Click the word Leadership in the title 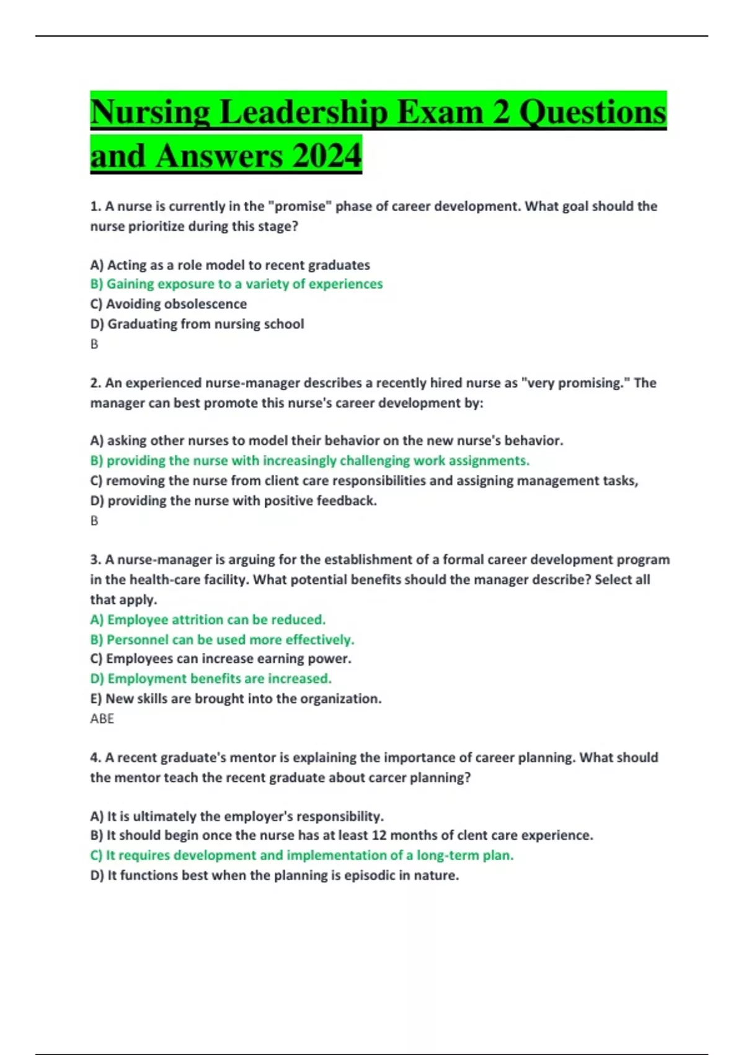click(304, 112)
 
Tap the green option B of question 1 click(236, 284)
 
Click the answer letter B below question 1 click(94, 344)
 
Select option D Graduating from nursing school click(197, 324)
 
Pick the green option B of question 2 click(310, 460)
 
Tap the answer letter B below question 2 click(94, 521)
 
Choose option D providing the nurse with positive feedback click(233, 501)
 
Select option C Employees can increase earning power click(221, 658)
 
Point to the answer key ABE click(102, 719)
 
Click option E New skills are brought click(236, 699)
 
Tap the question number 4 click(95, 758)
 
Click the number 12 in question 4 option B click(379, 835)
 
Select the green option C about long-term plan click(302, 855)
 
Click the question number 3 click(95, 560)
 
